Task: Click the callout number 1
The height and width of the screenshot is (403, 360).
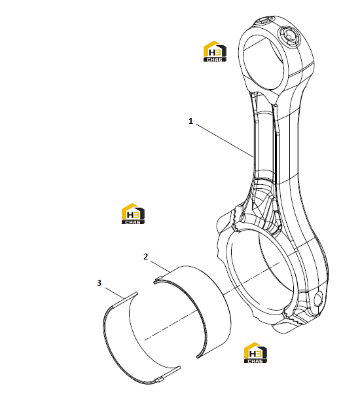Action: (x=190, y=121)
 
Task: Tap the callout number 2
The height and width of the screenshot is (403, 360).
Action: (x=145, y=257)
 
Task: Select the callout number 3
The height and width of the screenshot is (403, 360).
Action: (x=99, y=283)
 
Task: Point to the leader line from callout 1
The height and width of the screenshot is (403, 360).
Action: (x=225, y=140)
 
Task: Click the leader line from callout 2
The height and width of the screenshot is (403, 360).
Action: (x=160, y=267)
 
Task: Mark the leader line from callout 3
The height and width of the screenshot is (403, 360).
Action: (x=115, y=293)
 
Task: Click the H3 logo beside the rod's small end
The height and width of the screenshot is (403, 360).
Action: (x=215, y=51)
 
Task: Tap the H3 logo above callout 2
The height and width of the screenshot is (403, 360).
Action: (x=133, y=214)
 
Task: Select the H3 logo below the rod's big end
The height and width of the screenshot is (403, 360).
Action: (x=255, y=353)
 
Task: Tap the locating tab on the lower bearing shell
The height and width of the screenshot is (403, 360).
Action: (x=160, y=380)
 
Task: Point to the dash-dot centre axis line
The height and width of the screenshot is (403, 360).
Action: (x=212, y=301)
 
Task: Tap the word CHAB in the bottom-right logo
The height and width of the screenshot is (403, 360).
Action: (x=255, y=360)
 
